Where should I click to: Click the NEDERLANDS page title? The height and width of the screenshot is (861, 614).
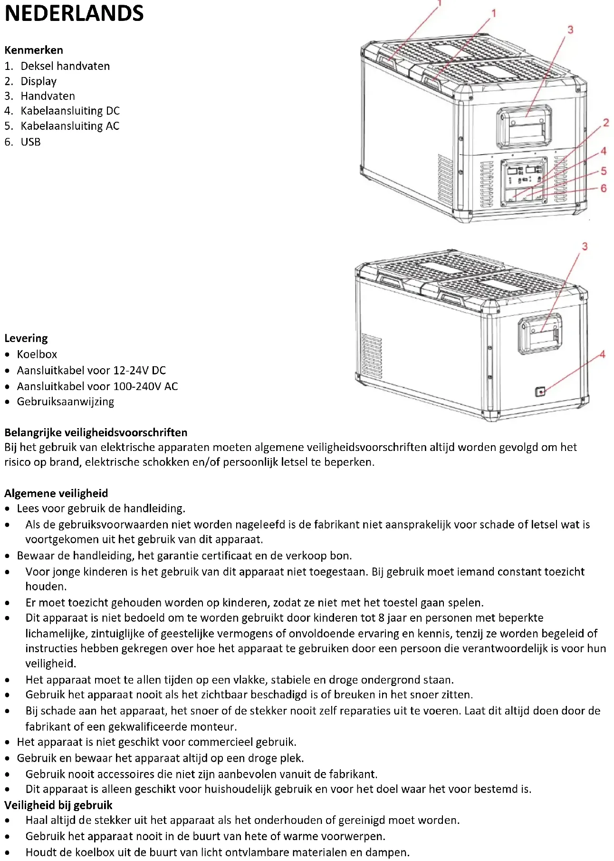[74, 13]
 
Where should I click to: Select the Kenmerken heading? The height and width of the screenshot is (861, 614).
[34, 50]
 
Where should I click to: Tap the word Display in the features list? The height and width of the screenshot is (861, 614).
[38, 81]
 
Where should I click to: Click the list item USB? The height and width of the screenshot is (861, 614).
[31, 142]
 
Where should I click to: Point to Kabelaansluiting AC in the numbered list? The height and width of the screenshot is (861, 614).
[70, 126]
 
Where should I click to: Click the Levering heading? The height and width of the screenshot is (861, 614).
[26, 338]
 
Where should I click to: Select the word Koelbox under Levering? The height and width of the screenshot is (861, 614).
[37, 354]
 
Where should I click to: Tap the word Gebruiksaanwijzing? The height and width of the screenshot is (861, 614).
[66, 401]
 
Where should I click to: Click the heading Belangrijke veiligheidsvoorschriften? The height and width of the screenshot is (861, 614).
[96, 432]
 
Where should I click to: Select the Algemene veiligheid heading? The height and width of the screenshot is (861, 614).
[56, 493]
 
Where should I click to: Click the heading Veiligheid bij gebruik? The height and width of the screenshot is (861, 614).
[58, 805]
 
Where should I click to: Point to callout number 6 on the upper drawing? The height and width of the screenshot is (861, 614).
[604, 188]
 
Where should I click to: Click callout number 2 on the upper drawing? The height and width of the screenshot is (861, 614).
[606, 123]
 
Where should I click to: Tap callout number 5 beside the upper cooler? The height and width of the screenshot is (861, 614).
[604, 171]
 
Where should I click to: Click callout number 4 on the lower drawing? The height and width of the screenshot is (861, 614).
[603, 354]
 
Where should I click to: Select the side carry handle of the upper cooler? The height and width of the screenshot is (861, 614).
[525, 127]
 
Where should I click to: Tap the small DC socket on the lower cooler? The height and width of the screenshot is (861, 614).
[540, 392]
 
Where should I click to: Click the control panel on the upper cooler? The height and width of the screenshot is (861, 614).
[524, 181]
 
